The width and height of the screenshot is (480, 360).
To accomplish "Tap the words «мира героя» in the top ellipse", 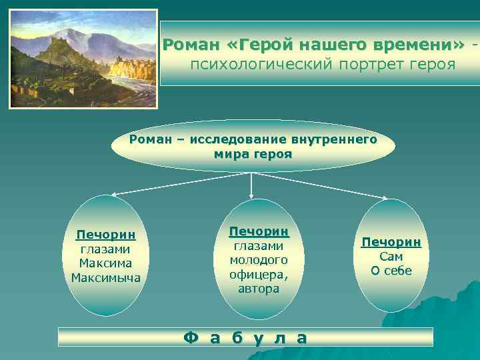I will click(x=253, y=153).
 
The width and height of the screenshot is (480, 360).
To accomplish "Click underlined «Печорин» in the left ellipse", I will click(x=106, y=235).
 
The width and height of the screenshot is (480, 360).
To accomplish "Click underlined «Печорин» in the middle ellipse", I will click(x=259, y=231).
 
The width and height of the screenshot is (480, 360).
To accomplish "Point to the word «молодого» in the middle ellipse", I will click(x=259, y=260).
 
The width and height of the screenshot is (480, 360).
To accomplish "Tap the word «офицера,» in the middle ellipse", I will click(x=259, y=274).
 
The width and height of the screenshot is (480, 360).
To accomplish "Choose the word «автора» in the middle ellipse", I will click(x=259, y=289).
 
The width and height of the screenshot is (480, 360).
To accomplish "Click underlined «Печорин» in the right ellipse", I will click(x=391, y=242).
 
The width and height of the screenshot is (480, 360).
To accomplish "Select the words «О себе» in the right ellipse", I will click(x=391, y=271).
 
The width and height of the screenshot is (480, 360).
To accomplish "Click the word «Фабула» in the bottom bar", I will click(x=245, y=337).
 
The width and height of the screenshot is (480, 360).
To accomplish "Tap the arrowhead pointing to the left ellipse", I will click(x=113, y=195).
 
